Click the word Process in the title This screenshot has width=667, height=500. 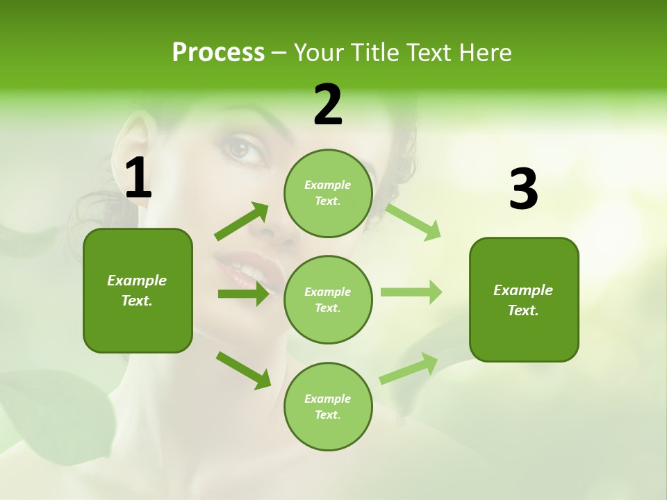click(218, 53)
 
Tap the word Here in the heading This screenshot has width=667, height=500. click(484, 53)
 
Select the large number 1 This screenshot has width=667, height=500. click(138, 178)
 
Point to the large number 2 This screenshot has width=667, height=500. click(328, 105)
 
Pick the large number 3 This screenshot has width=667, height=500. click(523, 190)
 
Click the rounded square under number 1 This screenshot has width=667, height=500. click(138, 290)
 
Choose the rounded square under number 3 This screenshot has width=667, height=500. click(524, 300)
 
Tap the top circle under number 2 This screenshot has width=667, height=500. click(328, 193)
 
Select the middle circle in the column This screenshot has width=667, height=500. click(328, 300)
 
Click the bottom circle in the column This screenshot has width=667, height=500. click(328, 407)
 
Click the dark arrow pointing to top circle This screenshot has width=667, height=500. click(242, 222)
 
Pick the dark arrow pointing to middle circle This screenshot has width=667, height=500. click(243, 294)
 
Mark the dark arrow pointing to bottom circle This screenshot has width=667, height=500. click(244, 370)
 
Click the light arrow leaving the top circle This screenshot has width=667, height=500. click(413, 222)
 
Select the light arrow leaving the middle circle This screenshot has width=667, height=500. click(411, 292)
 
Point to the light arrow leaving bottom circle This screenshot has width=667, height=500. click(409, 368)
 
